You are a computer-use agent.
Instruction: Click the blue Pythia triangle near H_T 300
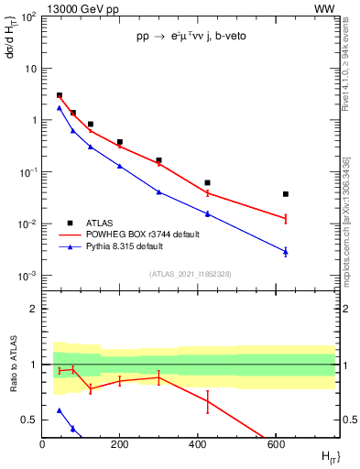click(x=158, y=192)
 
